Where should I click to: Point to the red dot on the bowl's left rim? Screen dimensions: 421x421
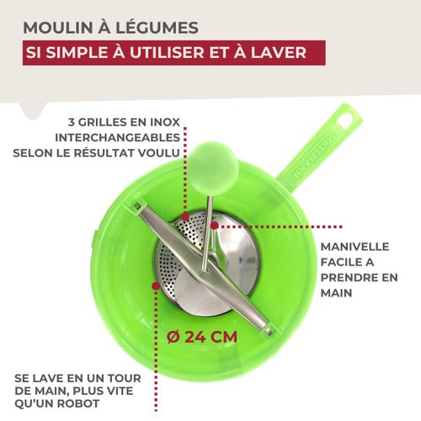point(156,285)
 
